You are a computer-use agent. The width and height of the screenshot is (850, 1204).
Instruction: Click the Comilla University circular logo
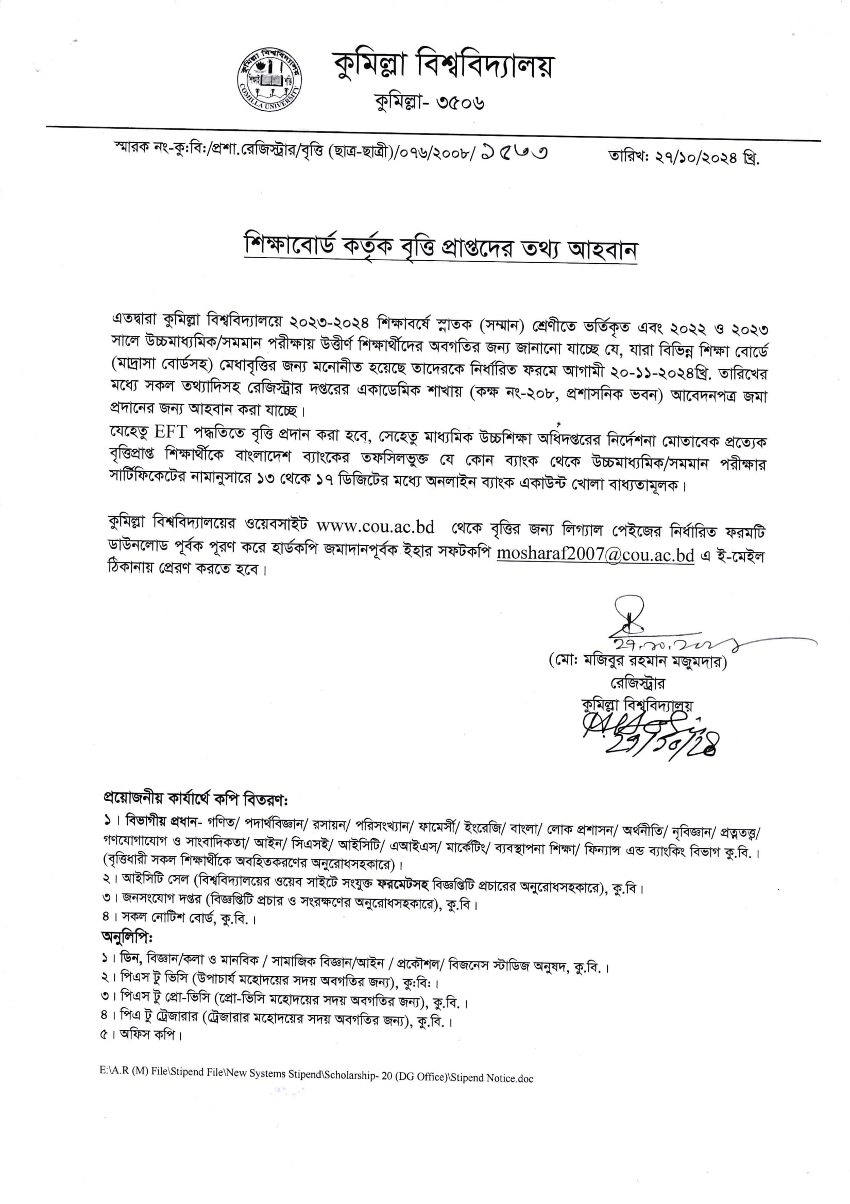(269, 82)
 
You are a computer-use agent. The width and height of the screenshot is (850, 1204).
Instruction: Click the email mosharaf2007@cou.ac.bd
(595, 555)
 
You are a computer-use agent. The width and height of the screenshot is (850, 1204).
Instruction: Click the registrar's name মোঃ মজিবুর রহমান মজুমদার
(637, 663)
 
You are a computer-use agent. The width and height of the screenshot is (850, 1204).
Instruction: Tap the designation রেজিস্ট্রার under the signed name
(638, 684)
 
